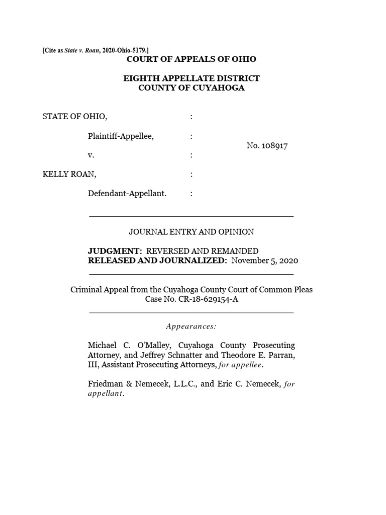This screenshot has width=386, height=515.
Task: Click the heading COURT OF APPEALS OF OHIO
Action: coord(191,59)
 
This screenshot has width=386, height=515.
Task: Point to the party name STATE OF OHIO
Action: coord(75,117)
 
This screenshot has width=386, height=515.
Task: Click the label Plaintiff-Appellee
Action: coord(121,136)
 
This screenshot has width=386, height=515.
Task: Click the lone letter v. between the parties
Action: coord(91,155)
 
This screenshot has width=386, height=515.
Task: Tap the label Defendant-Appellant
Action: coord(127,194)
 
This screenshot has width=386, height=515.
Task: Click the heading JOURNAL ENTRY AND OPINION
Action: coord(191,232)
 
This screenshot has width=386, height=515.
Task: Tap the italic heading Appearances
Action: coord(191,327)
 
